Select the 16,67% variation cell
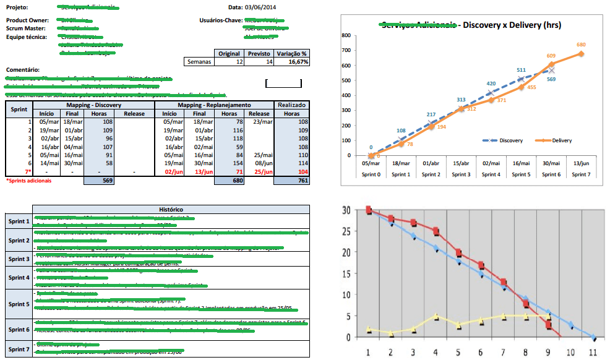(x=294, y=62)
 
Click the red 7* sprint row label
(x=27, y=171)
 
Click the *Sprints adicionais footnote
(x=29, y=181)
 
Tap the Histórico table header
(x=170, y=210)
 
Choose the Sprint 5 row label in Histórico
(x=19, y=304)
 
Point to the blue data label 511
(x=521, y=70)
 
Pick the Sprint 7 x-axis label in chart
(x=580, y=174)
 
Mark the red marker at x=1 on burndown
(x=369, y=211)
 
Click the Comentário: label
(x=23, y=70)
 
